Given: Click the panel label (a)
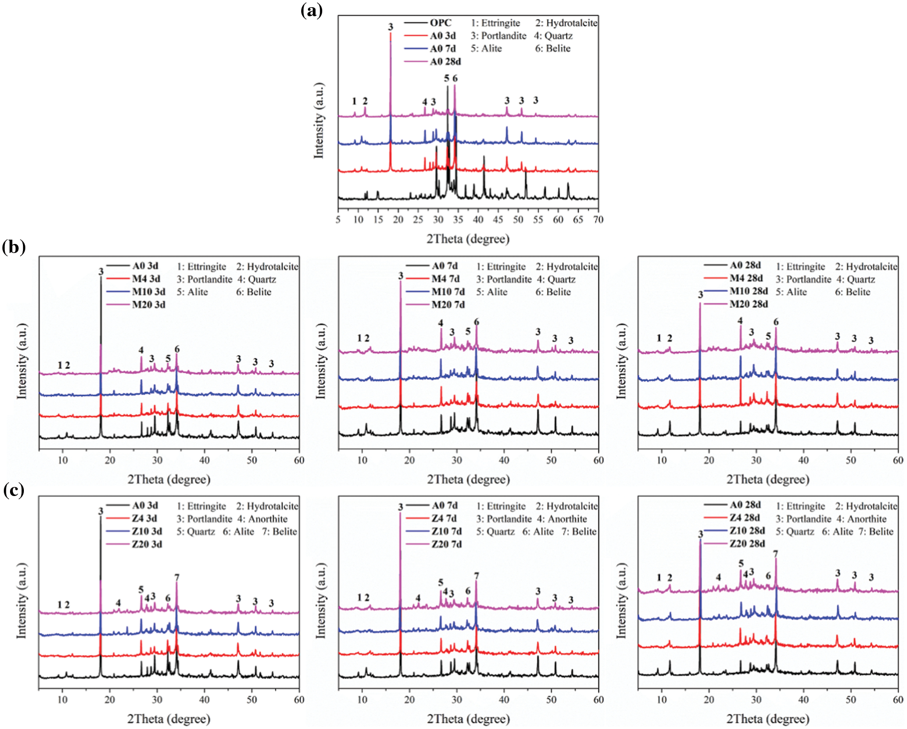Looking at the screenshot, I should (311, 10).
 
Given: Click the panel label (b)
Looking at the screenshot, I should (13, 247).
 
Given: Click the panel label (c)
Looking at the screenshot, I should (13, 490).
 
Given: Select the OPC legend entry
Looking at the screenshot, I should (440, 23).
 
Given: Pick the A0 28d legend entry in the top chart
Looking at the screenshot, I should (445, 62).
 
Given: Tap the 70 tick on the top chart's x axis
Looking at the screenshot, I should (598, 220).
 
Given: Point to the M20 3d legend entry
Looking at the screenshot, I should (148, 305).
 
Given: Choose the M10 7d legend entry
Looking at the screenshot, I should (448, 292).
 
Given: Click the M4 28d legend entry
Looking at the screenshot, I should (746, 278).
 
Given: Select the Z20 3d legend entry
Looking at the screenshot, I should (147, 544).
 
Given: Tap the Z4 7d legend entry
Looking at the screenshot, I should (444, 518).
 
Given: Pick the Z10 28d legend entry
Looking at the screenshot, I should (747, 531).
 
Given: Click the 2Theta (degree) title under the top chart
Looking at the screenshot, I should (468, 239).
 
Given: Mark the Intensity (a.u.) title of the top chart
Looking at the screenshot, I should (318, 120).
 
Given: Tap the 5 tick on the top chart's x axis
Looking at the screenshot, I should (338, 220).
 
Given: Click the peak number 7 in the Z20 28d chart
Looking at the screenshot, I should (776, 554).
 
